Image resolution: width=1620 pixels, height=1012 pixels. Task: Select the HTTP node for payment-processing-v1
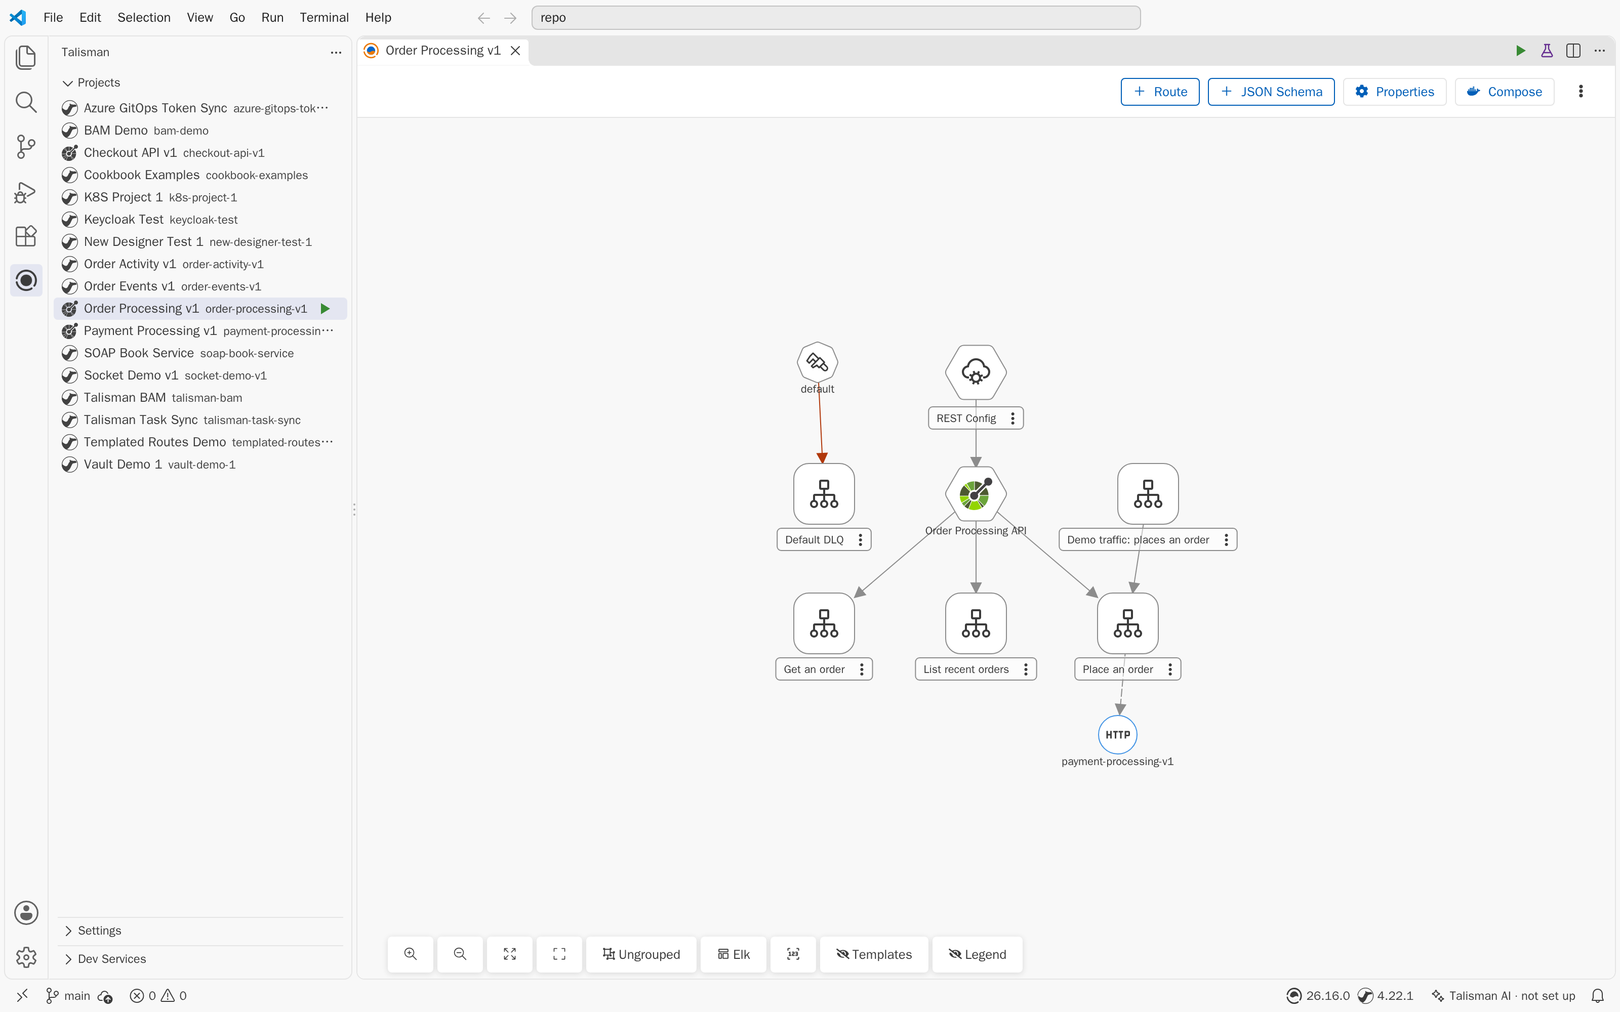click(x=1117, y=734)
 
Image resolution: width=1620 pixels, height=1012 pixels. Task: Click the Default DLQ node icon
click(x=824, y=494)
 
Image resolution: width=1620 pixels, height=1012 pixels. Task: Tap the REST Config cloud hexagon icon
click(x=976, y=372)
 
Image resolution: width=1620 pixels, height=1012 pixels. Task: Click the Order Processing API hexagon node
click(x=976, y=494)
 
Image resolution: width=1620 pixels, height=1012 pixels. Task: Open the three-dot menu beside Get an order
click(x=862, y=669)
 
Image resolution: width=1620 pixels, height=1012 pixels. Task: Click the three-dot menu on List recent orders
click(x=1026, y=669)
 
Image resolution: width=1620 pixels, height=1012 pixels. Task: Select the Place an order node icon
click(x=1128, y=623)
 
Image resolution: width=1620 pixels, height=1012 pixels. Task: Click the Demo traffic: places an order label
click(x=1138, y=539)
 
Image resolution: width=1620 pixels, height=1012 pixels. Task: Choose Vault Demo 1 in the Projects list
click(x=149, y=465)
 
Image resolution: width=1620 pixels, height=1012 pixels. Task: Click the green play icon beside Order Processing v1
click(x=326, y=309)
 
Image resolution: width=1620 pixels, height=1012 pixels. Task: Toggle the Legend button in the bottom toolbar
click(x=978, y=954)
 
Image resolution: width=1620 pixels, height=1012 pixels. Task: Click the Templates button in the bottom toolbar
click(x=874, y=954)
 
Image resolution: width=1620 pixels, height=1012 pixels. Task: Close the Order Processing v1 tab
click(x=515, y=51)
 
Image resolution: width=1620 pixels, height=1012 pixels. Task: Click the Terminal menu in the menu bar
click(x=324, y=17)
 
